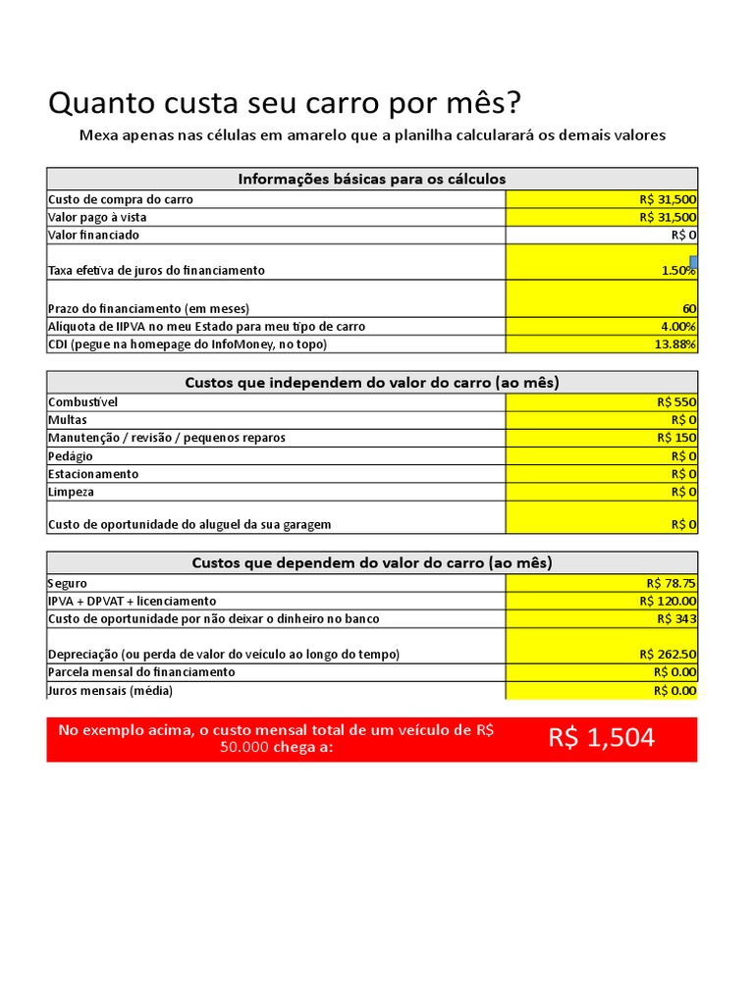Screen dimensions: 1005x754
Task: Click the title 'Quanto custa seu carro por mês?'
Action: click(x=286, y=103)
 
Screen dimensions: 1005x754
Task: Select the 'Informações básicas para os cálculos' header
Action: click(x=372, y=179)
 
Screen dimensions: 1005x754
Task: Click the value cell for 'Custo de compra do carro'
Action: click(x=602, y=199)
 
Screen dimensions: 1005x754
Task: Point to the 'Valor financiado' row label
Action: click(x=94, y=236)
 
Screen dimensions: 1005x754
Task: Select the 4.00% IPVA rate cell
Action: click(x=602, y=326)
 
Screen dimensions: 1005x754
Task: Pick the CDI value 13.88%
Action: click(x=602, y=344)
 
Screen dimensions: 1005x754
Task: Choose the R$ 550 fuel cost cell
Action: click(x=602, y=401)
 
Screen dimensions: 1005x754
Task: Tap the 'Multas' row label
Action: click(x=68, y=420)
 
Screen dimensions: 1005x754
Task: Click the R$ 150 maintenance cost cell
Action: click(x=602, y=438)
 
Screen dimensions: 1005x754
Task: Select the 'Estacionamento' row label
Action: click(x=94, y=474)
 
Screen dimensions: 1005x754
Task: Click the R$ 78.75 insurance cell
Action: click(x=602, y=583)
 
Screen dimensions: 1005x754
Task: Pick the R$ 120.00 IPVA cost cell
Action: click(x=602, y=601)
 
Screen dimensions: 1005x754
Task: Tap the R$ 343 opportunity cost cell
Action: click(x=602, y=619)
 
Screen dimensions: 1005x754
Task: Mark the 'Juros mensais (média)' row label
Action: click(x=110, y=691)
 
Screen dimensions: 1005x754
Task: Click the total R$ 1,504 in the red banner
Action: click(x=602, y=739)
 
